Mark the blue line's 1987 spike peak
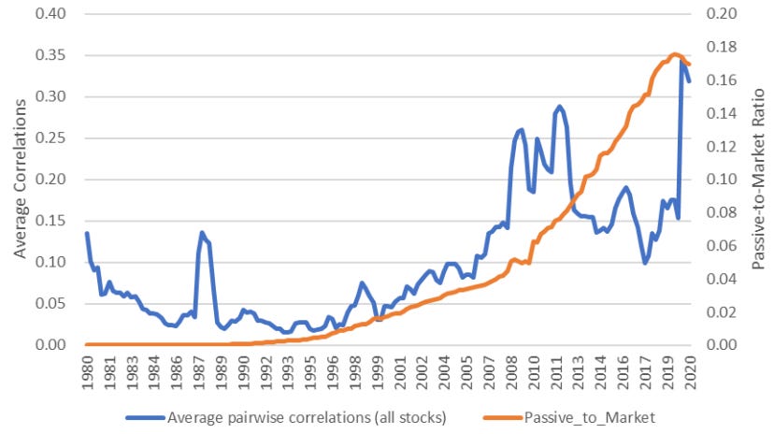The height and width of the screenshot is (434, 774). (201, 233)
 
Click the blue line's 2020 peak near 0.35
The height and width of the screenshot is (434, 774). (681, 61)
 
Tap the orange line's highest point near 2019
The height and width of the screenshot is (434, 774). (674, 54)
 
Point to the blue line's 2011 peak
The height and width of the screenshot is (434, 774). (559, 107)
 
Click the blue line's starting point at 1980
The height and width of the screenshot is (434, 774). (87, 233)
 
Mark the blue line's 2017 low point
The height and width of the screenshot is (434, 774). (645, 263)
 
